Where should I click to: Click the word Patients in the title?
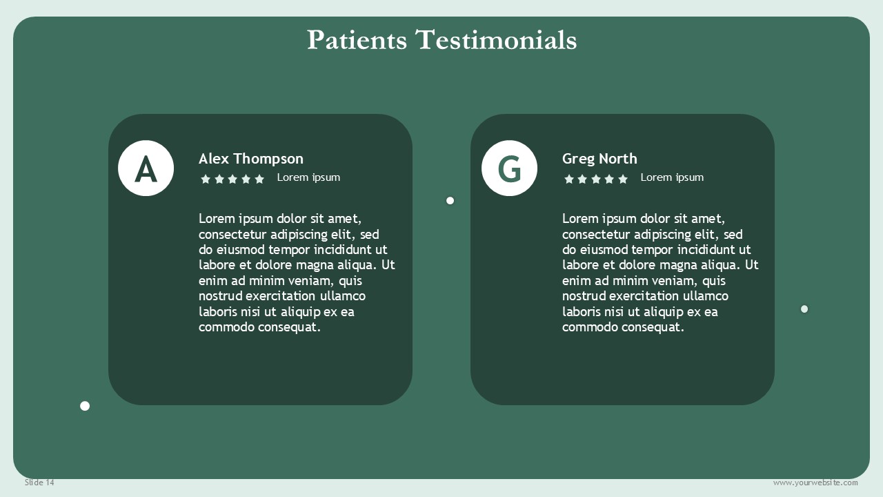click(x=357, y=40)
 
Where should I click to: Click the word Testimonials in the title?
click(x=496, y=40)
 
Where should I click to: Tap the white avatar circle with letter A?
click(x=146, y=168)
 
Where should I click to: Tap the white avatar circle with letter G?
click(x=509, y=168)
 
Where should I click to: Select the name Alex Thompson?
click(x=251, y=159)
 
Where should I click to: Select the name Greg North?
click(x=599, y=159)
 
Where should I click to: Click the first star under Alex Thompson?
click(x=206, y=179)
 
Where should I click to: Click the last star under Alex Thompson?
click(x=259, y=179)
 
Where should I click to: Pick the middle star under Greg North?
click(x=596, y=179)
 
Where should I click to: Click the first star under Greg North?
click(x=569, y=179)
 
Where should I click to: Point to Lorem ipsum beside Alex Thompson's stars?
click(x=308, y=177)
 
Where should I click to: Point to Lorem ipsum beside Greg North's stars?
click(x=672, y=177)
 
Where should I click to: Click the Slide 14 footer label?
click(x=39, y=483)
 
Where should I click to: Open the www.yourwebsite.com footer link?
click(x=815, y=483)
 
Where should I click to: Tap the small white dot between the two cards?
click(x=450, y=201)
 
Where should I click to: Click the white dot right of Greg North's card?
click(x=804, y=309)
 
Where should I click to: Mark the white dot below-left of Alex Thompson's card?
click(x=85, y=406)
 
